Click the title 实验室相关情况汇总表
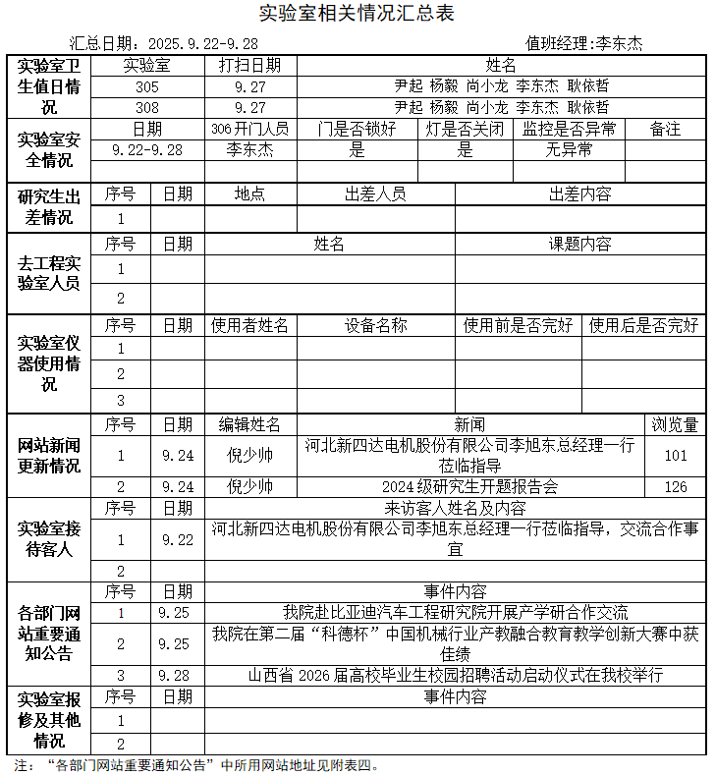point(357,14)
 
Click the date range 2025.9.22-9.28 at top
point(202,43)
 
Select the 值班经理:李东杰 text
point(584,43)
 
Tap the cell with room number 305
point(147,86)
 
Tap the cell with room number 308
point(147,107)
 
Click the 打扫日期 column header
point(249,66)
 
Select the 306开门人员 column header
point(249,129)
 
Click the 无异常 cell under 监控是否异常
point(570,150)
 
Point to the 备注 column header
point(665,129)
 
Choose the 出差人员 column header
point(375,194)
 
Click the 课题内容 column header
point(579,244)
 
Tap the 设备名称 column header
point(375,325)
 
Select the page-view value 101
point(676,456)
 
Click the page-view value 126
point(676,486)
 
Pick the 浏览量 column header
point(676,424)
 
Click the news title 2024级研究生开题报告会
point(469,486)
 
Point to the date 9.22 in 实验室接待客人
point(178,539)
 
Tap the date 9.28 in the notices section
point(174,675)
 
